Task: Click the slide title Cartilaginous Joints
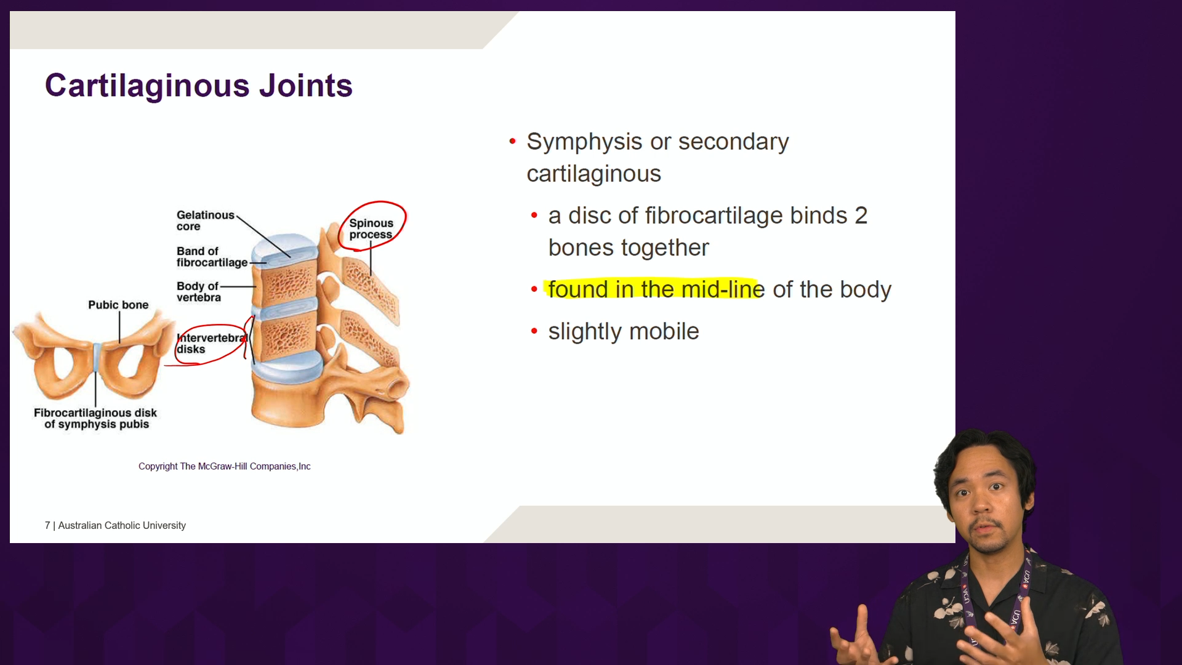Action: click(x=198, y=86)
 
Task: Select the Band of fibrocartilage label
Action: click(x=212, y=257)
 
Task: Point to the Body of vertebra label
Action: click(x=198, y=292)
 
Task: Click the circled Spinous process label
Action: click(x=371, y=228)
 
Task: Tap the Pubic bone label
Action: click(x=118, y=305)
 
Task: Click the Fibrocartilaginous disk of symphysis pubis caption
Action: click(x=95, y=418)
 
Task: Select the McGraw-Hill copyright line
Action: click(x=224, y=466)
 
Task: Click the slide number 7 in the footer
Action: click(x=47, y=525)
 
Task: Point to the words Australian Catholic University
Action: click(x=122, y=525)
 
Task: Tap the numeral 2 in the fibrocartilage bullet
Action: click(x=861, y=216)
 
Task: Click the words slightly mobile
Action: click(x=624, y=331)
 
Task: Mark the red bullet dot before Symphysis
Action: click(x=512, y=142)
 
